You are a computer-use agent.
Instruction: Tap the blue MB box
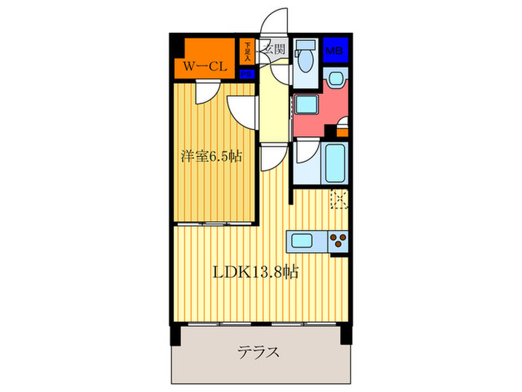(x=335, y=51)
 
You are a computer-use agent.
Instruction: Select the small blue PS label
(x=247, y=74)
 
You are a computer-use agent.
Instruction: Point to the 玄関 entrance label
(x=274, y=50)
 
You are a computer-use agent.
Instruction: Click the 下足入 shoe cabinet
(x=247, y=50)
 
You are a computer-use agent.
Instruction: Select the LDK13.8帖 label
(x=256, y=273)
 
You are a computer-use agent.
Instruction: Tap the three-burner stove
(x=338, y=241)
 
